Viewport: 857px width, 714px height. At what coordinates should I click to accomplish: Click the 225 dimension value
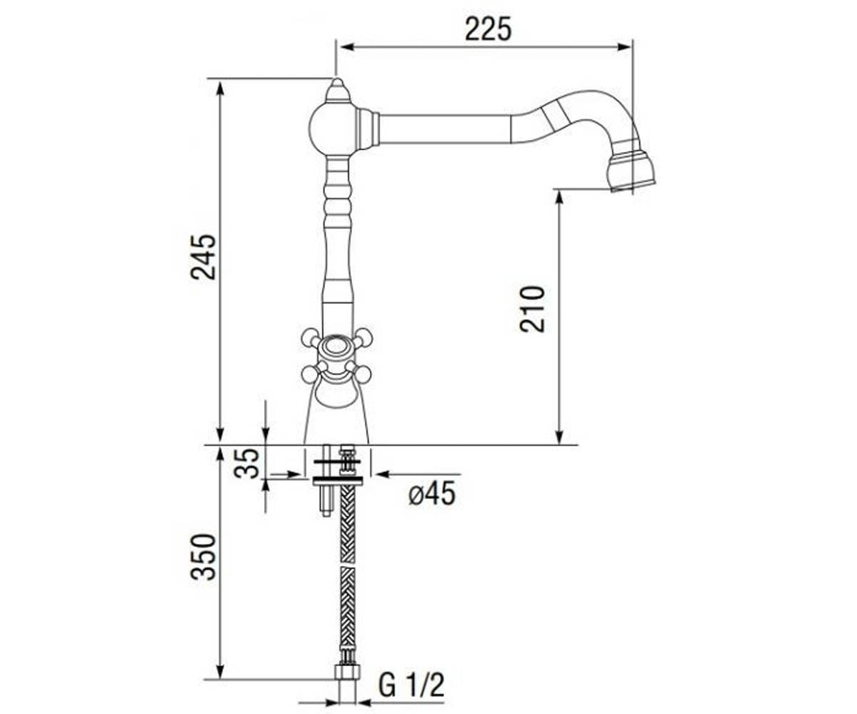click(x=488, y=29)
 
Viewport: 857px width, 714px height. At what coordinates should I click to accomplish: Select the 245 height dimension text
click(x=203, y=257)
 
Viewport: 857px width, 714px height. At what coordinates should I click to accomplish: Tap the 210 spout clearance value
click(x=532, y=309)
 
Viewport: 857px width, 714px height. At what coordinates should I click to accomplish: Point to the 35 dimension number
click(x=246, y=463)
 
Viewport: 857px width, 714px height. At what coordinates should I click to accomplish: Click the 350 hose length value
click(x=203, y=557)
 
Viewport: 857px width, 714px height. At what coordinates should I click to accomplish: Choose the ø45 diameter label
click(x=432, y=493)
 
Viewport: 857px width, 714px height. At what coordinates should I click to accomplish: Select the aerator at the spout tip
click(x=631, y=171)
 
